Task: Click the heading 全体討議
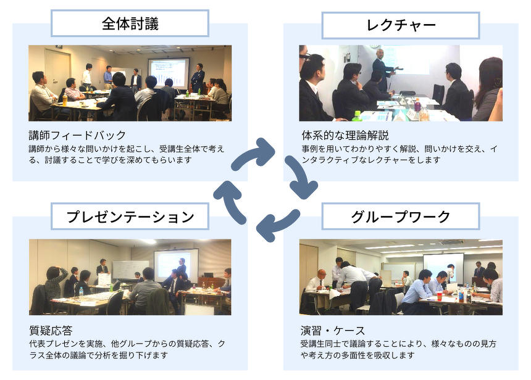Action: click(130, 23)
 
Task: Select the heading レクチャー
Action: click(401, 26)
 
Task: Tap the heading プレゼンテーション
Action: click(130, 217)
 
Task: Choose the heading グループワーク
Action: click(401, 217)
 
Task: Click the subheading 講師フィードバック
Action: click(77, 135)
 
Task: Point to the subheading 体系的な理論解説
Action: click(345, 135)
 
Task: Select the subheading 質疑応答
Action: click(51, 330)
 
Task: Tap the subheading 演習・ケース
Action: click(333, 330)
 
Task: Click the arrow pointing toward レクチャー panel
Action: click(253, 152)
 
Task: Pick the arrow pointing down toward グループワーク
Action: click(301, 176)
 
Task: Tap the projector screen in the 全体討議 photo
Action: click(169, 73)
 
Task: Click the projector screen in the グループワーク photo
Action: click(443, 267)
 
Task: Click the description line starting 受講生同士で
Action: click(398, 344)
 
